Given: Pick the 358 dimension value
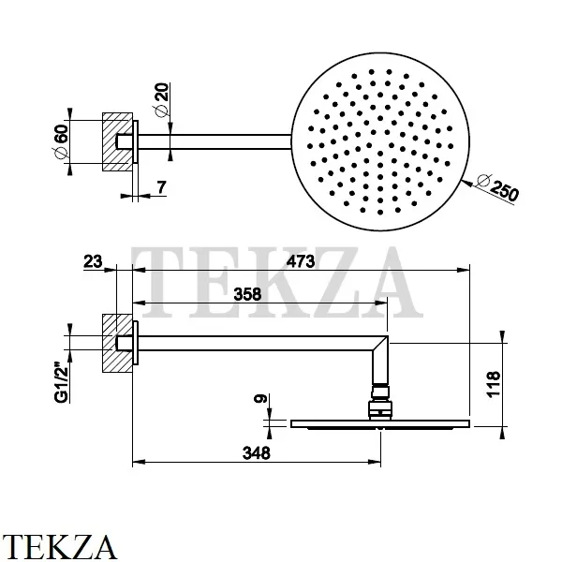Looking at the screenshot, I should coord(247,293).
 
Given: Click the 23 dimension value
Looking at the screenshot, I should coord(93,261).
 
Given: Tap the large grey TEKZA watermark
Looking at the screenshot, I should coord(272,281).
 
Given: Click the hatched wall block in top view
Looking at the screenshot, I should coord(117,142).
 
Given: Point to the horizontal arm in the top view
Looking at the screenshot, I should coord(215,141).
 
